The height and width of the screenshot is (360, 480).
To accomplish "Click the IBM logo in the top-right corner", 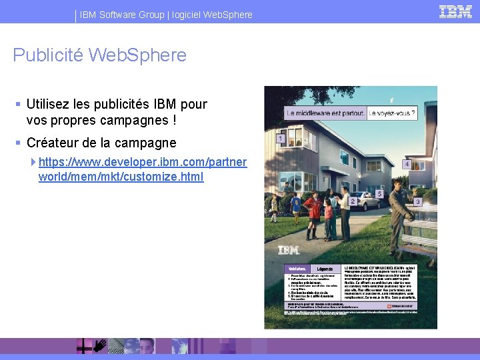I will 456,11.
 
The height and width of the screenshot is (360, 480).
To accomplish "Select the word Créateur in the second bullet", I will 54,143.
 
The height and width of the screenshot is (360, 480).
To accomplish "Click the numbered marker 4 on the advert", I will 406,164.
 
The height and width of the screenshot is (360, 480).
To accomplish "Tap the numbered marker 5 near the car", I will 379,194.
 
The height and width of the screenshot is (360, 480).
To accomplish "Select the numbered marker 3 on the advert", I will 417,201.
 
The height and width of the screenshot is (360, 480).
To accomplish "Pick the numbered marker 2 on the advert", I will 352,201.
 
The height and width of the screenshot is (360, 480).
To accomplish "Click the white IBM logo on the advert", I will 288,251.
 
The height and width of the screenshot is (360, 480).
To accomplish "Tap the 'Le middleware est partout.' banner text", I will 325,114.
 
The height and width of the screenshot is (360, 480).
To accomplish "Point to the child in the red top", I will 328,212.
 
